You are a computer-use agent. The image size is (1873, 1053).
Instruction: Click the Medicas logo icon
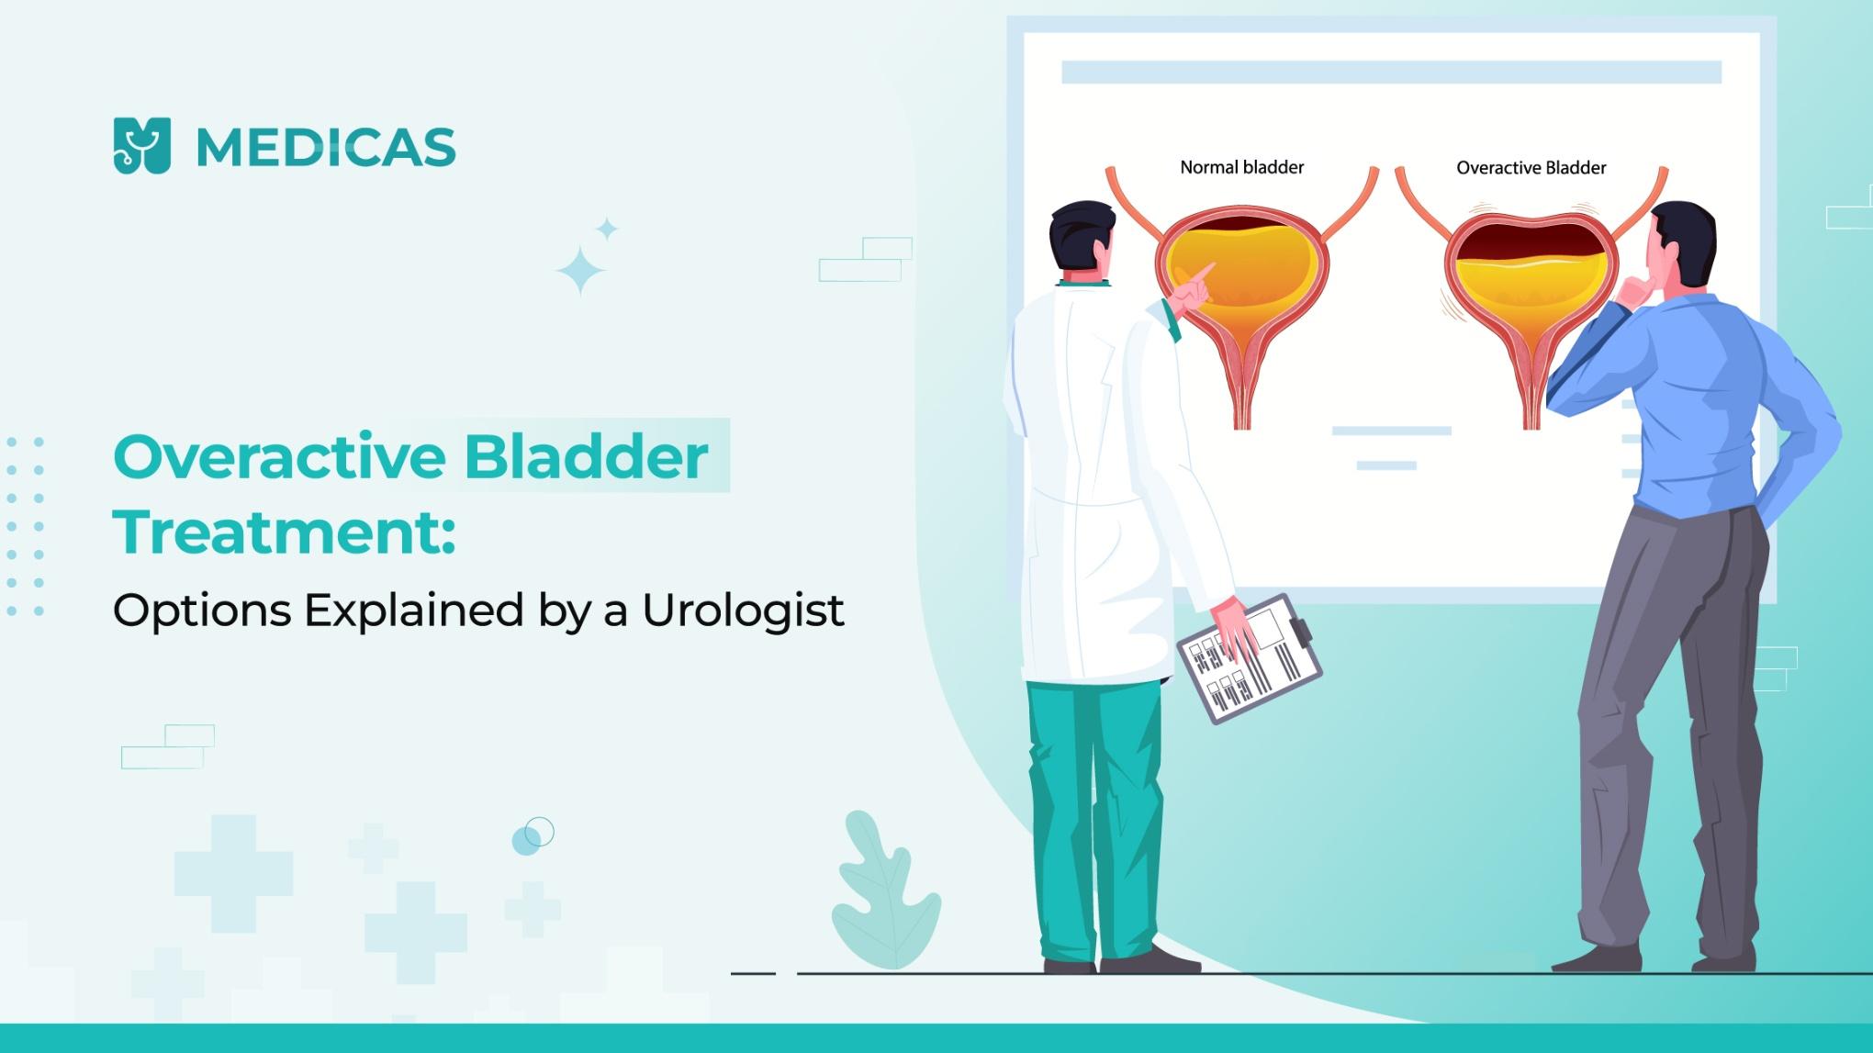click(x=142, y=146)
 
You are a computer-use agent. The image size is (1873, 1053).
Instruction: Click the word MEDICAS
click(x=326, y=148)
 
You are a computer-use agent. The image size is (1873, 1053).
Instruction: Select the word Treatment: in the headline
click(x=284, y=532)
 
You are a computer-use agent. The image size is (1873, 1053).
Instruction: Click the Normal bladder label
click(x=1241, y=167)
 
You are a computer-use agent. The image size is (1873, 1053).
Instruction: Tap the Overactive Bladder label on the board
click(x=1531, y=168)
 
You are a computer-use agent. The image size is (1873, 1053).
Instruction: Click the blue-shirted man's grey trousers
click(x=1671, y=734)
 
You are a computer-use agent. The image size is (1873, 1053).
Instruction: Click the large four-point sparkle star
click(x=580, y=271)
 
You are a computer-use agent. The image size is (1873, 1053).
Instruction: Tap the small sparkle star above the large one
click(x=607, y=229)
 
